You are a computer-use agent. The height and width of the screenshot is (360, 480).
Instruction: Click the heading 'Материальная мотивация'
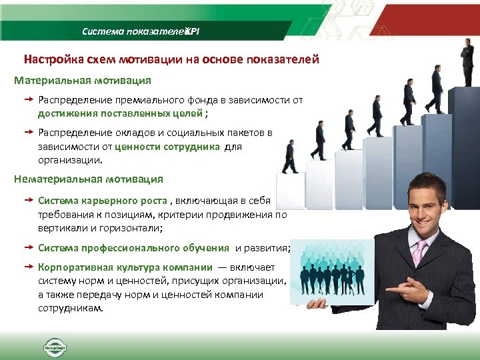pyautogui.click(x=83, y=80)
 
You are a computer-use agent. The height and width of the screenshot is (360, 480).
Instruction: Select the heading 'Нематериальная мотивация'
pyautogui.click(x=88, y=179)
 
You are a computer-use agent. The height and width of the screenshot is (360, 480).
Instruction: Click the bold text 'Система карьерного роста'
pyautogui.click(x=103, y=200)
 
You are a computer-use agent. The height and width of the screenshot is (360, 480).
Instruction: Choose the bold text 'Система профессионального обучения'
pyautogui.click(x=133, y=248)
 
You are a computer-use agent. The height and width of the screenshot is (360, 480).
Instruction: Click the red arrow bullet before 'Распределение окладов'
pyautogui.click(x=29, y=132)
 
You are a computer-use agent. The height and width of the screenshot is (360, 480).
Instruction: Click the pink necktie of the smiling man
pyautogui.click(x=420, y=253)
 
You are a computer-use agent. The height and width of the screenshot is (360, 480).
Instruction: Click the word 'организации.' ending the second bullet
pyautogui.click(x=70, y=161)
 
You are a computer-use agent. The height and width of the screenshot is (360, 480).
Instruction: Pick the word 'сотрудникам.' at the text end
pyautogui.click(x=70, y=309)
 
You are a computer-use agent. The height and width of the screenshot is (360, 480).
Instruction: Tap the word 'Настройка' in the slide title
pyautogui.click(x=53, y=59)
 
